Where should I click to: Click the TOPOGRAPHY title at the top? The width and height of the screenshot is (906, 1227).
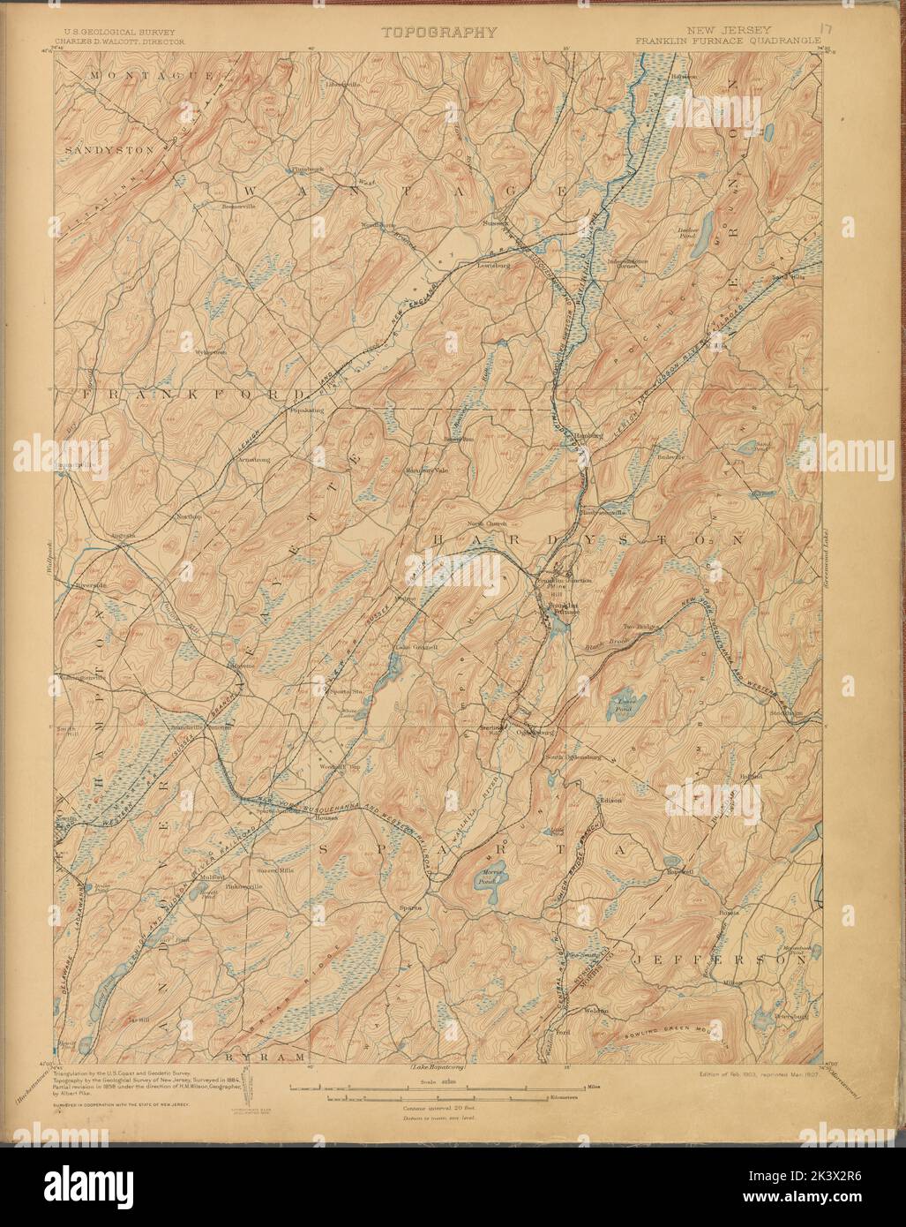click(x=438, y=33)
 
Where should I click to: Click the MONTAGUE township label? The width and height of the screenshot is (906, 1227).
click(x=150, y=77)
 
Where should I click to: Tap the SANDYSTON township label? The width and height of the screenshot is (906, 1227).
click(x=110, y=151)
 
